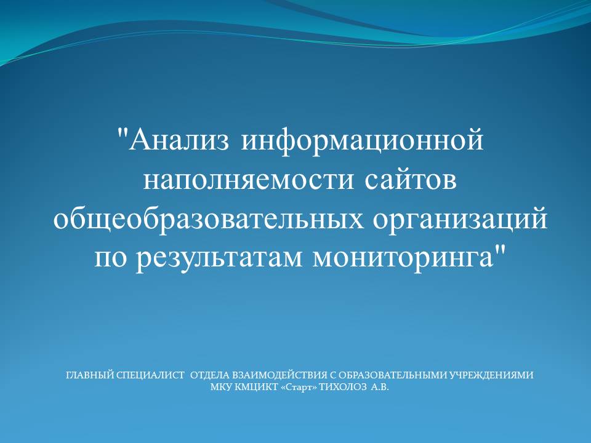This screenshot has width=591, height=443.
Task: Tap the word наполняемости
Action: (x=249, y=180)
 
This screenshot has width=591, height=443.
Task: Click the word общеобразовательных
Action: (x=209, y=220)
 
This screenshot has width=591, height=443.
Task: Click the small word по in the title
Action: (x=110, y=260)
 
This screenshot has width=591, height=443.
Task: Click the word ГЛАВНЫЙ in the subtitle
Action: (x=90, y=375)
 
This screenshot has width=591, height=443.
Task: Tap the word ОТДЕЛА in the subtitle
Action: (x=210, y=375)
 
